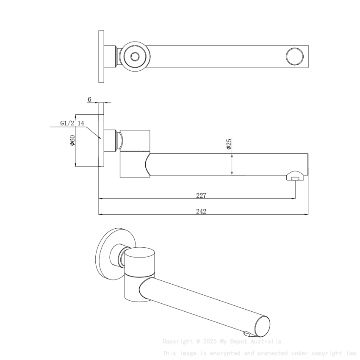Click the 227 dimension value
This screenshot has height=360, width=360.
tap(201, 195)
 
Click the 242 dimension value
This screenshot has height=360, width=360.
tap(201, 211)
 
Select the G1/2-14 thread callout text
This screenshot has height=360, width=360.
tap(72, 123)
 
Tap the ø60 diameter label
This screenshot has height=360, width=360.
tap(72, 140)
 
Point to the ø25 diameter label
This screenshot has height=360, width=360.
tap(229, 144)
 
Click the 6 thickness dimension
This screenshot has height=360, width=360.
tap(89, 99)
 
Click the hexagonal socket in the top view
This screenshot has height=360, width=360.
tap(135, 56)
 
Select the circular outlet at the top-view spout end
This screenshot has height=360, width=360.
tap(295, 56)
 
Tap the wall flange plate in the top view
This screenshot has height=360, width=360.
tap(101, 56)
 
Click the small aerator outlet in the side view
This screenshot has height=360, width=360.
tap(295, 179)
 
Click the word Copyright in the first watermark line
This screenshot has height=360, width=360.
tap(177, 341)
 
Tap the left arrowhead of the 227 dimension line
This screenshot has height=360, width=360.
tap(101, 198)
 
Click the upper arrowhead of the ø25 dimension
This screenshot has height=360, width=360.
tap(232, 155)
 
